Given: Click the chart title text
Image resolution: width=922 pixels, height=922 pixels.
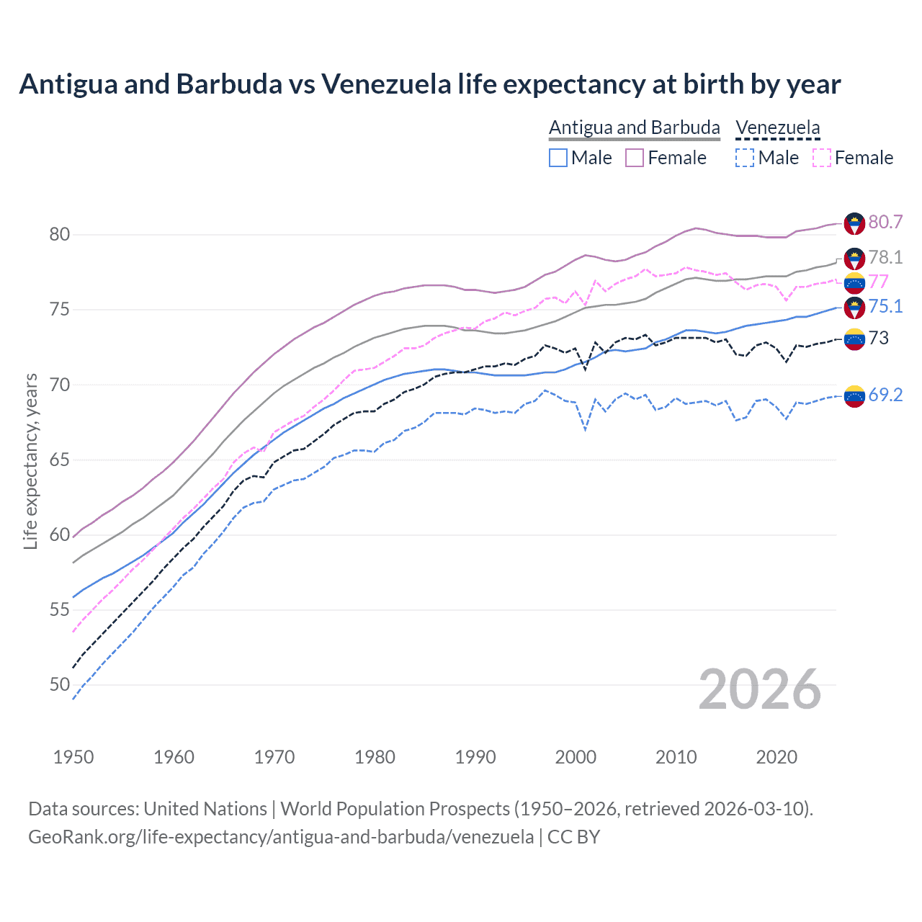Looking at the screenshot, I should click(x=429, y=84).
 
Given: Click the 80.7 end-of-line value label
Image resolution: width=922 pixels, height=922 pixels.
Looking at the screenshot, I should click(x=885, y=222).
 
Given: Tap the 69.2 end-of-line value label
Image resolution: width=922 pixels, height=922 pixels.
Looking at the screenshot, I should click(x=885, y=395).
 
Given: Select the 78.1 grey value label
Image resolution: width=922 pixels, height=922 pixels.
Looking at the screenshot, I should click(x=885, y=257).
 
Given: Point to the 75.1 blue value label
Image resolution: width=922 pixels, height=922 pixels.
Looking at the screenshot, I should click(x=885, y=306).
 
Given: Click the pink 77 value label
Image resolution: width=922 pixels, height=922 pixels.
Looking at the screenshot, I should click(x=878, y=281).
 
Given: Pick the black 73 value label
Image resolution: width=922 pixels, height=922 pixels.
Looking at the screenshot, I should click(x=878, y=338).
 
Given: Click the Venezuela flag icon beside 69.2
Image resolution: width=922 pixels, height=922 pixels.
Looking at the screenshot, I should click(x=854, y=396).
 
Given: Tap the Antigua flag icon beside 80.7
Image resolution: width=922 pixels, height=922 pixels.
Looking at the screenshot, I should click(x=854, y=223).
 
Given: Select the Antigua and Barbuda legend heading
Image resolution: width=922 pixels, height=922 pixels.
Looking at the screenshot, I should click(x=634, y=127).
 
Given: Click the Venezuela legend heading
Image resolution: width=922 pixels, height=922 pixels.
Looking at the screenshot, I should click(x=777, y=127).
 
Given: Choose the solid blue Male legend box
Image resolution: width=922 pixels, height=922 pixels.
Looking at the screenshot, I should click(x=558, y=158).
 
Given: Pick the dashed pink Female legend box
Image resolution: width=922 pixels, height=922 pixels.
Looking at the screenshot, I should click(x=821, y=158).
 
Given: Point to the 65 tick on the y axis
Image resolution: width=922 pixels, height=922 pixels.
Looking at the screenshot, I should click(x=60, y=460).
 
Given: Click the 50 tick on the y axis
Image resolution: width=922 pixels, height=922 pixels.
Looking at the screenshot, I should click(x=60, y=684).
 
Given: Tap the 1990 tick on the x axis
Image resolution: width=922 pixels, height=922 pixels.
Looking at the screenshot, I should click(x=475, y=757).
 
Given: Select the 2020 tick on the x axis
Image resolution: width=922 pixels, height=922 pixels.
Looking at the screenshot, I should click(x=776, y=757).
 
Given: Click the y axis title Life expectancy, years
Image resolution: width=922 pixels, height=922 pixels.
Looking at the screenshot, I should click(x=31, y=461).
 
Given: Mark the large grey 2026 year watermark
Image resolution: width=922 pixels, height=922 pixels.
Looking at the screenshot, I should click(x=759, y=689).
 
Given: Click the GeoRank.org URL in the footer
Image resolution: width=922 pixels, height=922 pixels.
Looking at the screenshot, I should click(x=281, y=837).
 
